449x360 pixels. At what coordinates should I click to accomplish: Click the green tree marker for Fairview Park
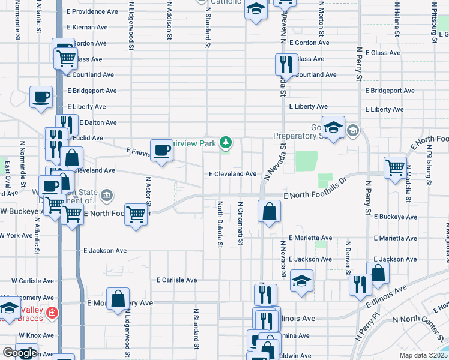pyautogui.click(x=226, y=143)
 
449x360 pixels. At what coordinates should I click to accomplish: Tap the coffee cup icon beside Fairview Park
pyautogui.click(x=161, y=150)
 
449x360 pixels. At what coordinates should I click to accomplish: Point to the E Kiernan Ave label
pyautogui.click(x=88, y=27)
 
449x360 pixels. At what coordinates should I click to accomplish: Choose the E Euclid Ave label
pyautogui.click(x=88, y=138)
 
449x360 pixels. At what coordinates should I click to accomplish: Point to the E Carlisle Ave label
pyautogui.click(x=177, y=280)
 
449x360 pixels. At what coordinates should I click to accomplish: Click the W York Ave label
pyautogui.click(x=16, y=235)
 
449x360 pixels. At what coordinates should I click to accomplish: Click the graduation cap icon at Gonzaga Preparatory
pyautogui.click(x=333, y=127)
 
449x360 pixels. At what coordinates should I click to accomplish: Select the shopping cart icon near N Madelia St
pyautogui.click(x=394, y=167)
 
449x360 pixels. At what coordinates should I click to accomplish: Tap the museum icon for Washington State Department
pyautogui.click(x=107, y=194)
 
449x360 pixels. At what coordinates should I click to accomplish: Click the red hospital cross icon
pyautogui.click(x=53, y=313)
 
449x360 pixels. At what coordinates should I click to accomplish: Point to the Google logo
pyautogui.click(x=20, y=353)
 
